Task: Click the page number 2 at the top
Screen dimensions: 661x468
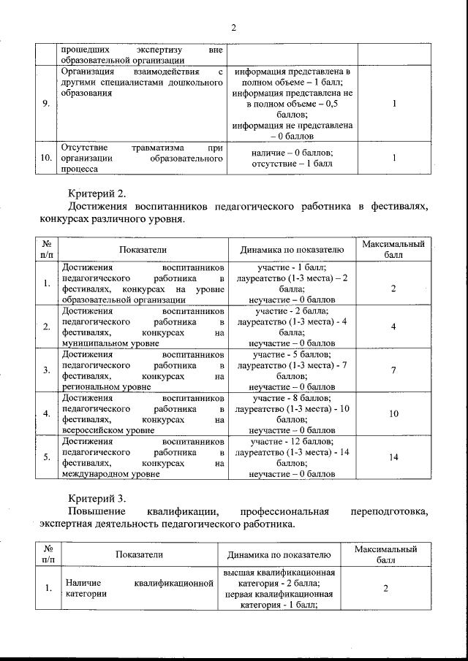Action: (233, 27)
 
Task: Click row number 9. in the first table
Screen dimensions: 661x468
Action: (46, 104)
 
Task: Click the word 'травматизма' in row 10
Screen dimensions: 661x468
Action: (156, 148)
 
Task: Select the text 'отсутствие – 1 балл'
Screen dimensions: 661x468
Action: (292, 163)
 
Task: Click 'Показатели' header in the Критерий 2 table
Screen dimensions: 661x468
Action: (143, 250)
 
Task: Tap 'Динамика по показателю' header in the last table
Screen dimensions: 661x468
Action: (281, 554)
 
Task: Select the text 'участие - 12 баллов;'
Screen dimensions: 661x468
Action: (292, 442)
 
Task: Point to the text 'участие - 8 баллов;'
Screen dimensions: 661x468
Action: (292, 399)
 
